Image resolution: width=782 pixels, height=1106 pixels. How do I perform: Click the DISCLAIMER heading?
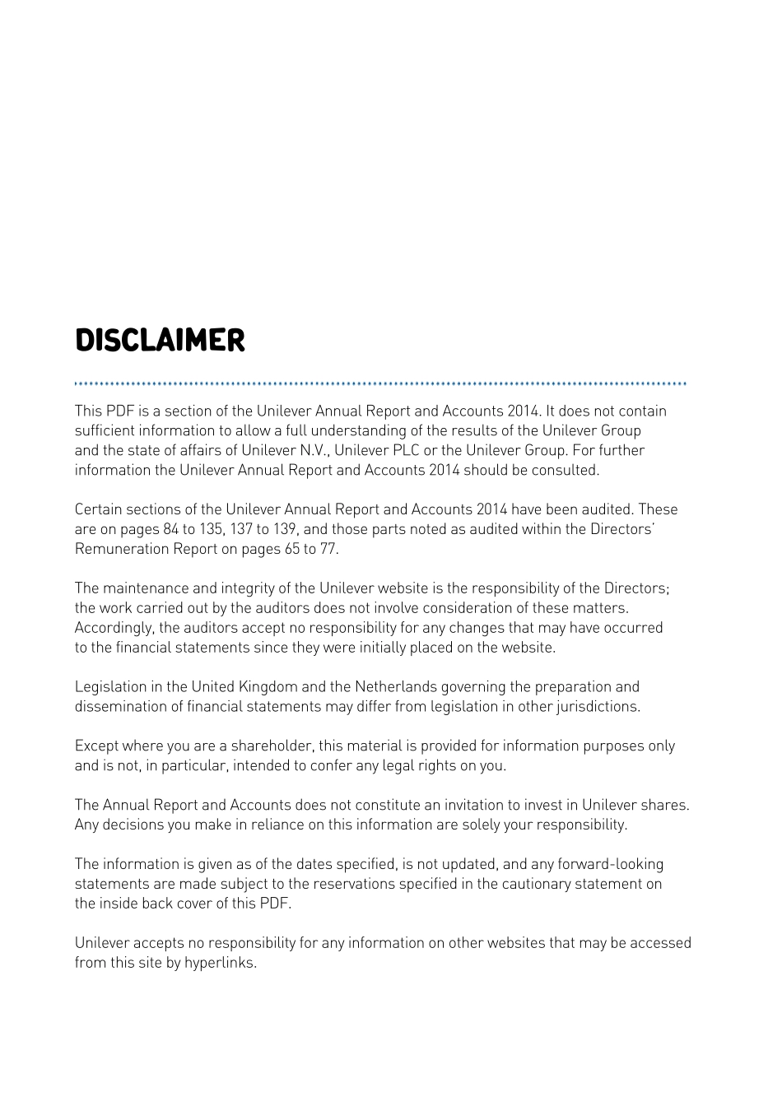pyautogui.click(x=160, y=341)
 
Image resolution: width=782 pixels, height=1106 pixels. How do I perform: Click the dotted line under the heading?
pyautogui.click(x=380, y=383)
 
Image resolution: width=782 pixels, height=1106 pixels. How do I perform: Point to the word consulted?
pyautogui.click(x=565, y=470)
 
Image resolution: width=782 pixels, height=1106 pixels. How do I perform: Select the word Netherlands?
pyautogui.click(x=396, y=687)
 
